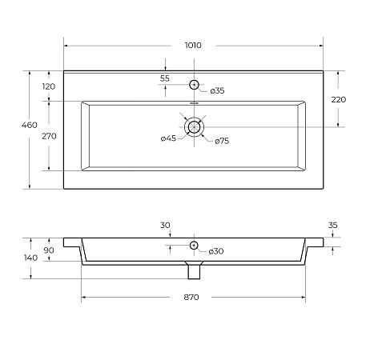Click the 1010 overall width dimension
[x=193, y=46]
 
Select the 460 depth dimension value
[x=30, y=125]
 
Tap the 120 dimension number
[x=49, y=86]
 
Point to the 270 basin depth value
[x=49, y=136]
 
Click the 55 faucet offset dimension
[x=165, y=78]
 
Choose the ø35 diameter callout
[x=217, y=90]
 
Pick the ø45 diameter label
[x=168, y=138]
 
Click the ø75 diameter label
[x=222, y=141]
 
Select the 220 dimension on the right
[x=339, y=99]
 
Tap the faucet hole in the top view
[x=194, y=85]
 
